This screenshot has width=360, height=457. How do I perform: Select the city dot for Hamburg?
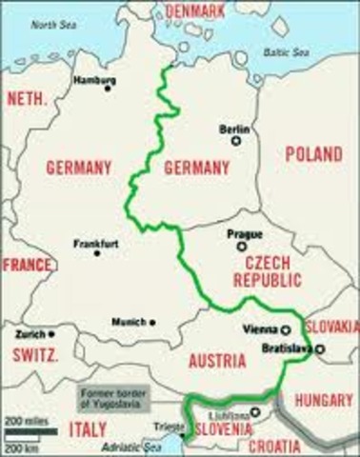108,89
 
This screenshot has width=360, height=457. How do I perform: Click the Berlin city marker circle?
233,140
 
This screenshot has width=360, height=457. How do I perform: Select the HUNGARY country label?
324,402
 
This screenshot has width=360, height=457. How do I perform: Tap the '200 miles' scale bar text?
21,418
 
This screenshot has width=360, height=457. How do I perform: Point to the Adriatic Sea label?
134,446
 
